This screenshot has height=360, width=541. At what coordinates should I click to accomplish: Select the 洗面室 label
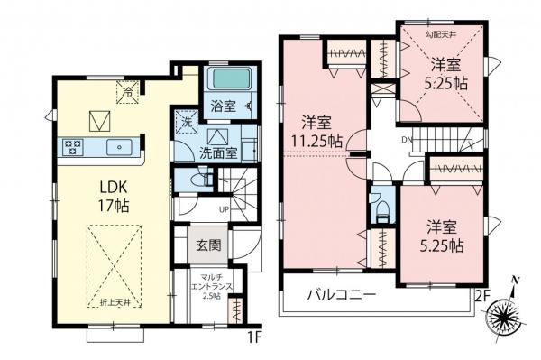point(219,152)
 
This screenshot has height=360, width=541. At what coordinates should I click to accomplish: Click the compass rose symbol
point(507,316)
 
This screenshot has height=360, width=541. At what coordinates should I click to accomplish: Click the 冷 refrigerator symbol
point(128,88)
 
